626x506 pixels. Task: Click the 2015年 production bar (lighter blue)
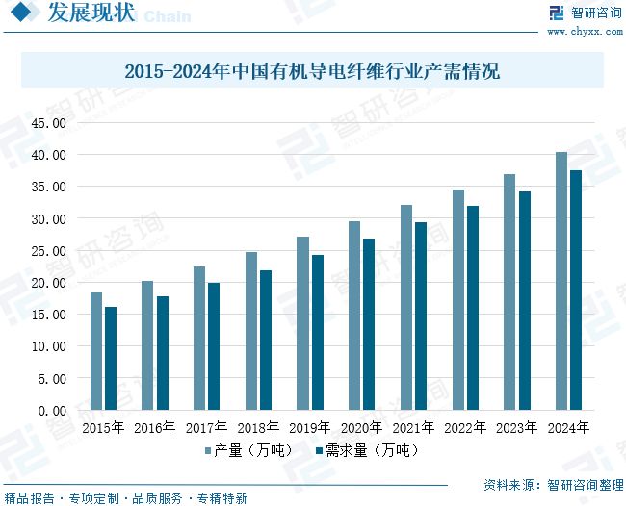96,351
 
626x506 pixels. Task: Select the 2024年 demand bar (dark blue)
577,290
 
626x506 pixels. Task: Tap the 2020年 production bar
354,316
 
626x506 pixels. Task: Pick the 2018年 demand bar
266,340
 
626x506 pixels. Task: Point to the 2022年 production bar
458,299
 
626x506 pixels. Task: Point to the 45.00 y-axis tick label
48,123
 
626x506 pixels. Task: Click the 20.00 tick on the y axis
48,282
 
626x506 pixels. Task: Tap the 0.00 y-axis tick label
52,410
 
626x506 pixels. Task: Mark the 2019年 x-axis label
310,427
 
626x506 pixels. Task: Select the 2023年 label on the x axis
517,427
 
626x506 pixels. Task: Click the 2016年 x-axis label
155,427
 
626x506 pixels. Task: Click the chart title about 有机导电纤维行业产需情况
312,71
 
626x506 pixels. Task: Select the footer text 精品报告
29,498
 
